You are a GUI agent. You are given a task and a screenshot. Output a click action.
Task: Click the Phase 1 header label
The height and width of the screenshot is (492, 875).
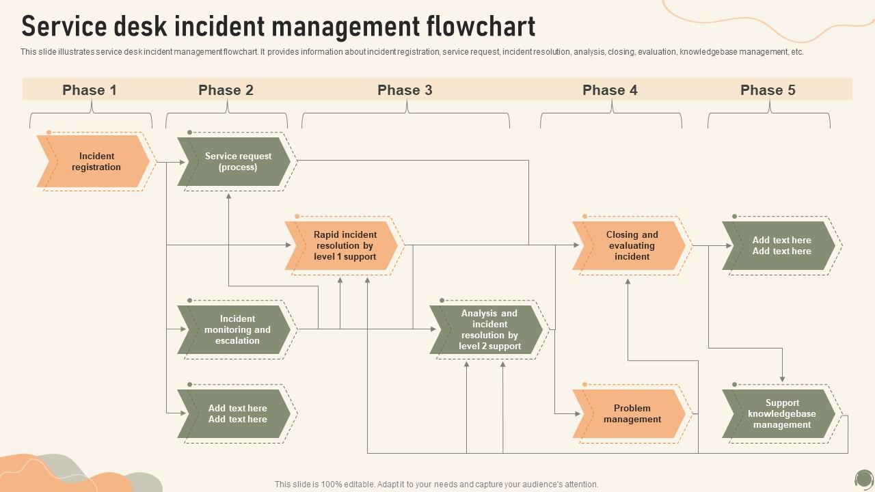(90, 90)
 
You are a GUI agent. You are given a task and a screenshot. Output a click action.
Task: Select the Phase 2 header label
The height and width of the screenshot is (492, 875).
(226, 90)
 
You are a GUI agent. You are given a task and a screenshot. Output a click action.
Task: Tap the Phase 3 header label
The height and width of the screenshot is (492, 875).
(405, 90)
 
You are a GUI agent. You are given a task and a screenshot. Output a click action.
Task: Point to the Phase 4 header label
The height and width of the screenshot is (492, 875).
(610, 90)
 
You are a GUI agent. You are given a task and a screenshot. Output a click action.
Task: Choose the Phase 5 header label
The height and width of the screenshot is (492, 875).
(768, 90)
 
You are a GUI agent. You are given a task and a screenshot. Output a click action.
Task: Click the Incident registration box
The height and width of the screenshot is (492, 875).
(96, 162)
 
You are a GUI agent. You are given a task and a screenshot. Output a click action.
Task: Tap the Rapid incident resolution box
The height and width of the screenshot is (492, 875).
(345, 246)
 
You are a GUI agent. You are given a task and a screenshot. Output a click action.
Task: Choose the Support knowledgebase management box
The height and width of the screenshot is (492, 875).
(781, 414)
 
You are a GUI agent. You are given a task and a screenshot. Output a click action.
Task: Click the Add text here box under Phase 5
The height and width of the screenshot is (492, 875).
(781, 246)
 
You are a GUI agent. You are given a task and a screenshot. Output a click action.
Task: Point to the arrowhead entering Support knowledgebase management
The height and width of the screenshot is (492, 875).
(782, 379)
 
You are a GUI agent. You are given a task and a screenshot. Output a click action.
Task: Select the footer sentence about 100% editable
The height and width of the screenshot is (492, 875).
(436, 484)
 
